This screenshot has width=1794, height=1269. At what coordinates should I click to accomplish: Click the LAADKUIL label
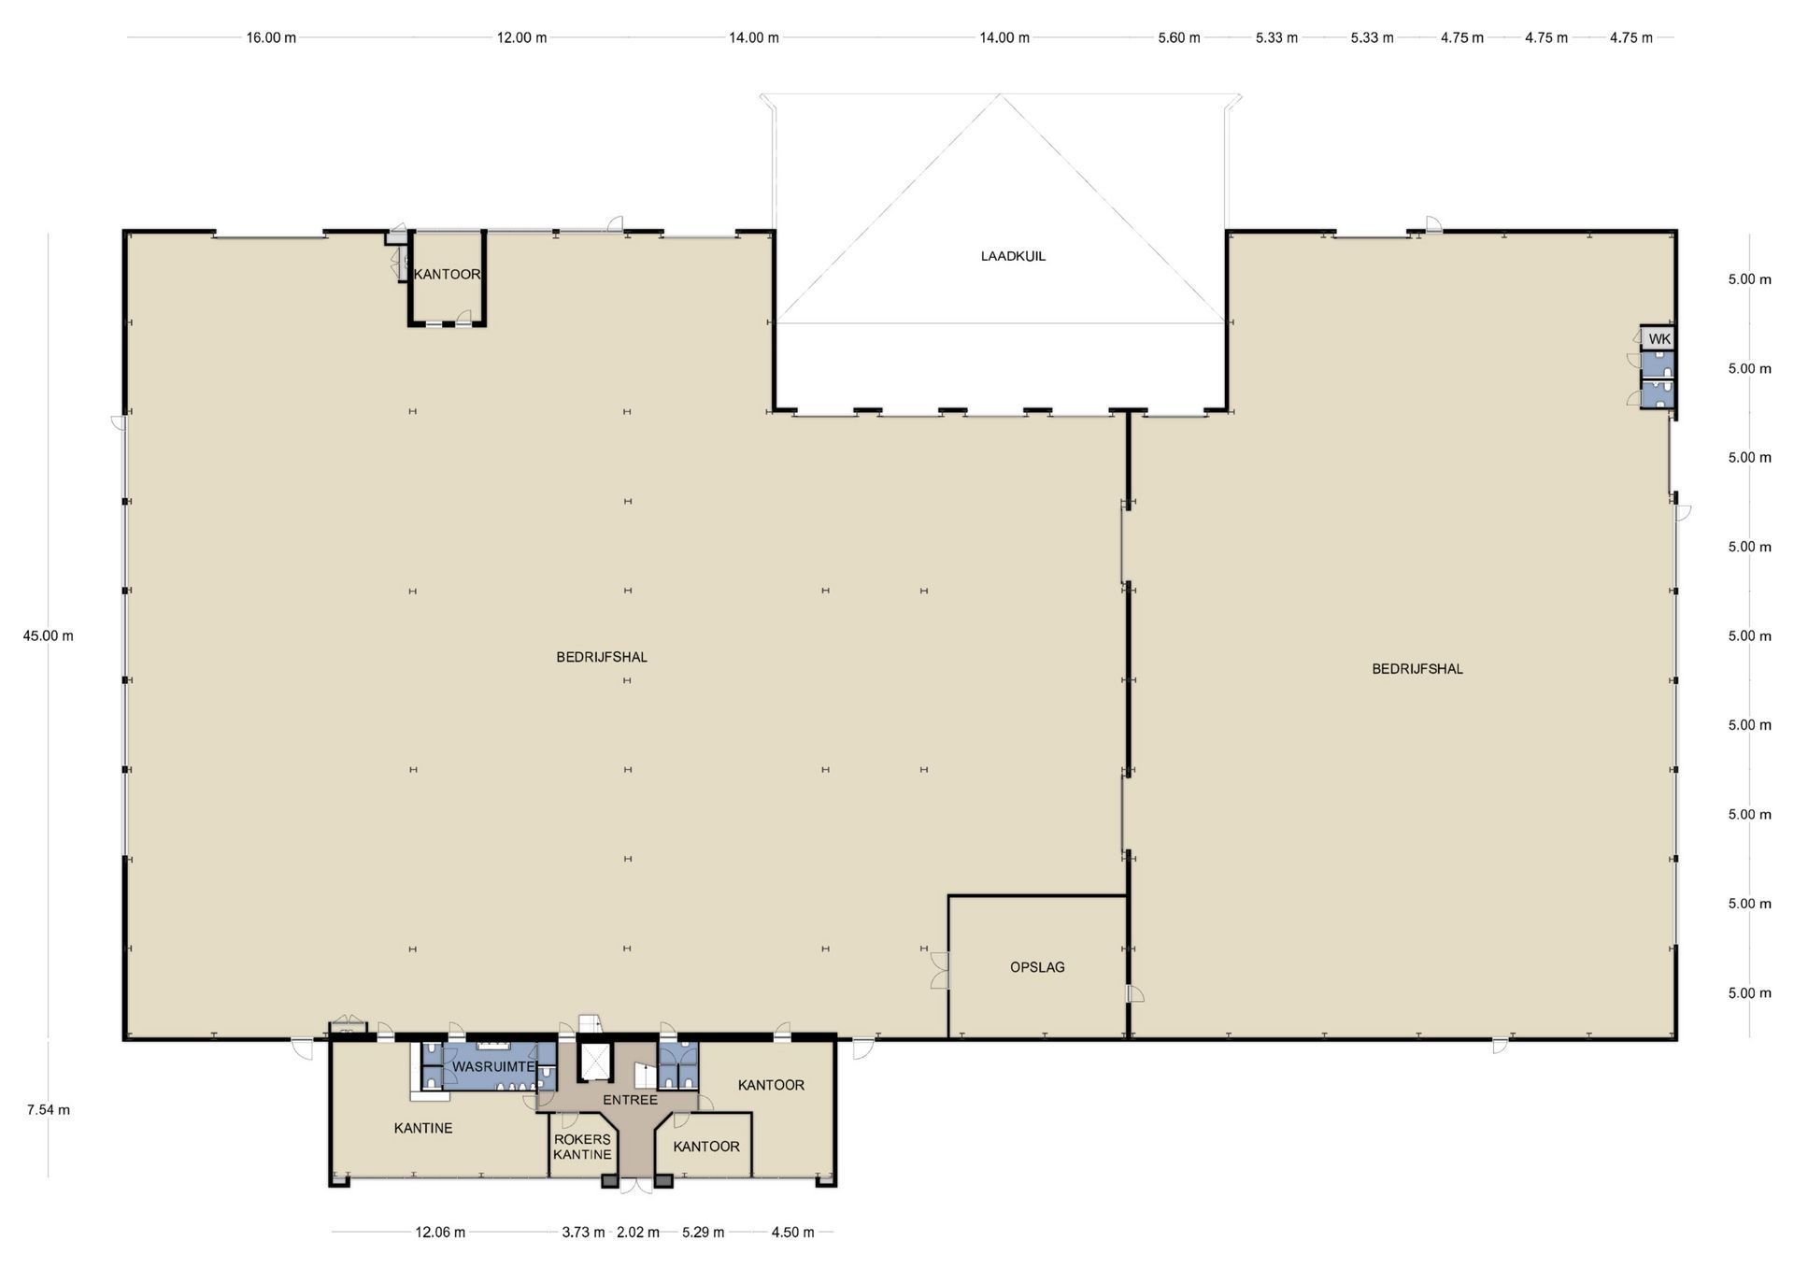click(1013, 256)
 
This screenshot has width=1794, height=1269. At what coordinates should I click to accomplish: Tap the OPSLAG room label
click(1037, 967)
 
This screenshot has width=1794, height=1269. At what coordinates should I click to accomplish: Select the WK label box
click(1659, 339)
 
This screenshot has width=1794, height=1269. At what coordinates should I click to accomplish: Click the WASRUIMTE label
click(493, 1066)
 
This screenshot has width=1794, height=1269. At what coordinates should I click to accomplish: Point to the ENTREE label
click(630, 1100)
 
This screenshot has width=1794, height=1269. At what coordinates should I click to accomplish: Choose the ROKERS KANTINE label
click(582, 1147)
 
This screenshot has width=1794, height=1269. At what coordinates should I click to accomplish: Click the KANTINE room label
click(423, 1128)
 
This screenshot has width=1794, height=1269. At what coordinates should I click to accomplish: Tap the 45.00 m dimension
click(49, 635)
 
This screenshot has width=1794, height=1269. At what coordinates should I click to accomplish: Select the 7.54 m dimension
click(49, 1110)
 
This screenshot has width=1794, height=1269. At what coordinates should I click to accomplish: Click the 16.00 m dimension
click(271, 37)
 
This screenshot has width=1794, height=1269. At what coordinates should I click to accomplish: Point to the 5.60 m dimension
click(1179, 37)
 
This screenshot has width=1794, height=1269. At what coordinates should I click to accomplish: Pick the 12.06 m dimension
click(440, 1232)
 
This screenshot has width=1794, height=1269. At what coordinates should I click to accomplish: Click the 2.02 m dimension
click(638, 1232)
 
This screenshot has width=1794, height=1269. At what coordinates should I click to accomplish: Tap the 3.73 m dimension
click(583, 1232)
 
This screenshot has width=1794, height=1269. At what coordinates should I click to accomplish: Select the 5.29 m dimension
click(704, 1232)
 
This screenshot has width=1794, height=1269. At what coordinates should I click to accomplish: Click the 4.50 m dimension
click(792, 1232)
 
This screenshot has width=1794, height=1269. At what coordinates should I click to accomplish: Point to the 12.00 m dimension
click(521, 37)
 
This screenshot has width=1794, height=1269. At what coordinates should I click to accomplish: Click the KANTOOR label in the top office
click(448, 275)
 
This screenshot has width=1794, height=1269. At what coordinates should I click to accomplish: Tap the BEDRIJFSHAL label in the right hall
click(1417, 669)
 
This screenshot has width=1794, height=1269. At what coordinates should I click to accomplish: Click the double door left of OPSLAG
click(940, 971)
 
